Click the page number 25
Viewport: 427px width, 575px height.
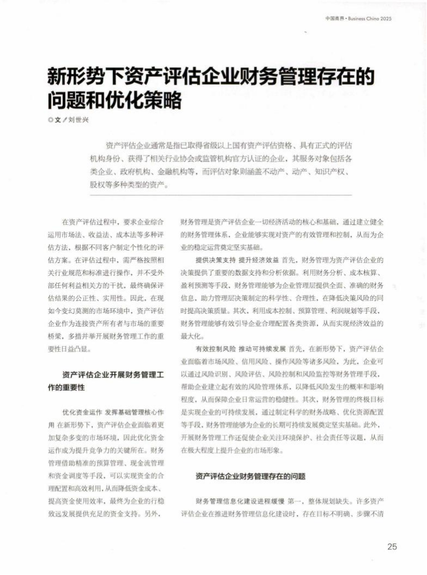pos(392,547)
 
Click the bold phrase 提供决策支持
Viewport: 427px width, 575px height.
pos(214,259)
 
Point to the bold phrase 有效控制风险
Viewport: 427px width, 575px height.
pos(214,348)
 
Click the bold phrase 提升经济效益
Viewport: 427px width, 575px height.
pos(257,259)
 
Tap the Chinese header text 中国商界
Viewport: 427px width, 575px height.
pos(333,19)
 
